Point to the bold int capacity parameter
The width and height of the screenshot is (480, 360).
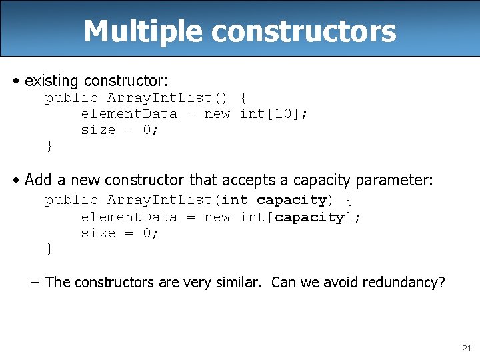point(274,200)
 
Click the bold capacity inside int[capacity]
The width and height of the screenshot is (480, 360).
point(310,217)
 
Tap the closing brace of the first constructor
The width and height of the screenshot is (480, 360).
point(49,145)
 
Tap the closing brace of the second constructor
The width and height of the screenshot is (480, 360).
point(49,249)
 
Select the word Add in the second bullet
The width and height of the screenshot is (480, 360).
point(37,180)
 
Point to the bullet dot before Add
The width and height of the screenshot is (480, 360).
point(16,180)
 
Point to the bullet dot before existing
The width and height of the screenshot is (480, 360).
point(16,81)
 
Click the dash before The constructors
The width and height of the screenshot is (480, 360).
point(35,282)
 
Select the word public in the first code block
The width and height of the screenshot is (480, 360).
point(71,99)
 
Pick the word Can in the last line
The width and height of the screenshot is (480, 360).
point(283,282)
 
